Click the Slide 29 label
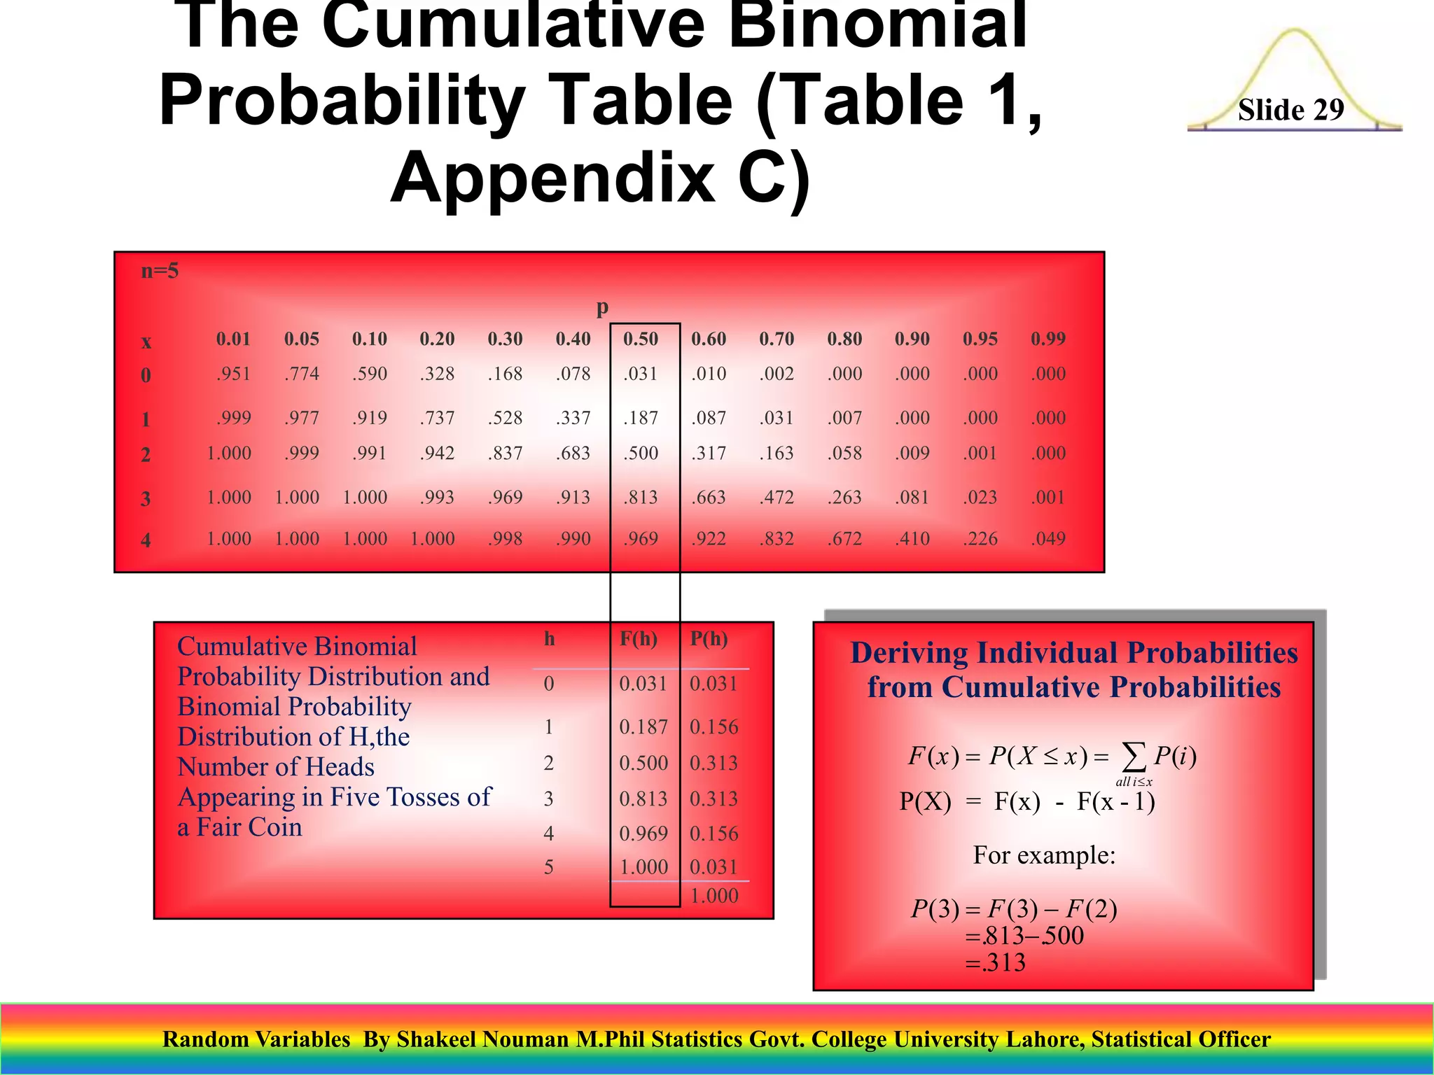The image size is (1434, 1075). point(1290,110)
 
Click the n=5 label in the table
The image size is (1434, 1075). point(160,271)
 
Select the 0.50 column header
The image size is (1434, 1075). point(641,339)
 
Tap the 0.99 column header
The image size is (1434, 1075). point(1047,339)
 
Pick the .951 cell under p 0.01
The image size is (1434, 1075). point(233,374)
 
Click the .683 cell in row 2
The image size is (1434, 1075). point(573,454)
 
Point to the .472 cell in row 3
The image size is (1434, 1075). point(777,498)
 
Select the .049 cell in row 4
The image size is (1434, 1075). point(1047,539)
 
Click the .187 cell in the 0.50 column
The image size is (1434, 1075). point(641,418)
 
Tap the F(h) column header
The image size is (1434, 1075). point(639,638)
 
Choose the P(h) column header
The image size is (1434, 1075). point(709,638)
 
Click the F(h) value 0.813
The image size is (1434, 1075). point(643,799)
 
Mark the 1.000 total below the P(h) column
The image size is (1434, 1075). point(713,896)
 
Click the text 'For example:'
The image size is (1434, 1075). point(1043,855)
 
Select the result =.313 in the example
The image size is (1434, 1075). point(995,963)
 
